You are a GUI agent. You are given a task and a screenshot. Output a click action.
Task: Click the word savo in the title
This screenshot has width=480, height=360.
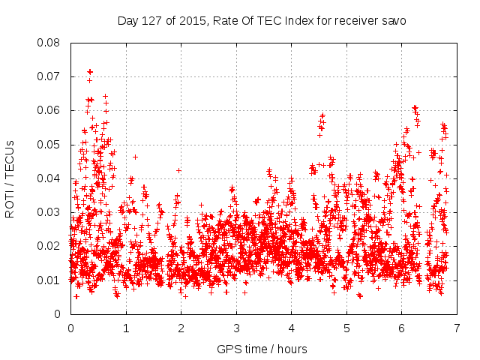tap(393, 21)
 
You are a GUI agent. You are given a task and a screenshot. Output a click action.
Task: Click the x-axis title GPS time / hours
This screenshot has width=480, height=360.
tap(262, 349)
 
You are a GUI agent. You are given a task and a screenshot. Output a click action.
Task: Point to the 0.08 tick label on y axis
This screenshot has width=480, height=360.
tap(49, 43)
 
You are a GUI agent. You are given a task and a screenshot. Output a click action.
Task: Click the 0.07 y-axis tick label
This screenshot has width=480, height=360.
tap(49, 76)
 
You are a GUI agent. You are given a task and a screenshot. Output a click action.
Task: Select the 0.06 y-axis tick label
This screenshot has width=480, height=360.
tap(49, 110)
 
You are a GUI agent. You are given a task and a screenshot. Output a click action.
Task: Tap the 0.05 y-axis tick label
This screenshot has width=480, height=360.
tap(49, 145)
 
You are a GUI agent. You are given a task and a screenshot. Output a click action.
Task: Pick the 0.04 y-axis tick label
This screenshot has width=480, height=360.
tap(49, 178)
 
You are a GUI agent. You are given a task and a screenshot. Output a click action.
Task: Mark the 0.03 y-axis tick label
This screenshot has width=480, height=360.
tap(49, 212)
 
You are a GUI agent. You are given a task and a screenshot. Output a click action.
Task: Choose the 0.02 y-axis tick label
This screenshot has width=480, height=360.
tap(49, 246)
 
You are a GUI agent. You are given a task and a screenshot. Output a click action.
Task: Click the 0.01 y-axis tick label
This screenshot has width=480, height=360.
tap(49, 280)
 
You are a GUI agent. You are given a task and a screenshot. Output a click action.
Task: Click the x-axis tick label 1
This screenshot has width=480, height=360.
tap(126, 328)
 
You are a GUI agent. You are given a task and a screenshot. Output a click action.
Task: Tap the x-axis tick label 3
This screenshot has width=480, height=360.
tap(236, 328)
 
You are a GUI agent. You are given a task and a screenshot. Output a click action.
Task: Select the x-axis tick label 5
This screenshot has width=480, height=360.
tap(346, 328)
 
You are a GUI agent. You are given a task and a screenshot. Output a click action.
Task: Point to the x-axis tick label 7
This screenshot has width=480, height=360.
tap(457, 328)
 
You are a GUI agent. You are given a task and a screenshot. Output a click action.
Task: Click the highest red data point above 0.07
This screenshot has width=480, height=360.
tap(90, 71)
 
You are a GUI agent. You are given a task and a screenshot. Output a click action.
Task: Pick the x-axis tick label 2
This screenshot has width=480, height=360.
tap(181, 328)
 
